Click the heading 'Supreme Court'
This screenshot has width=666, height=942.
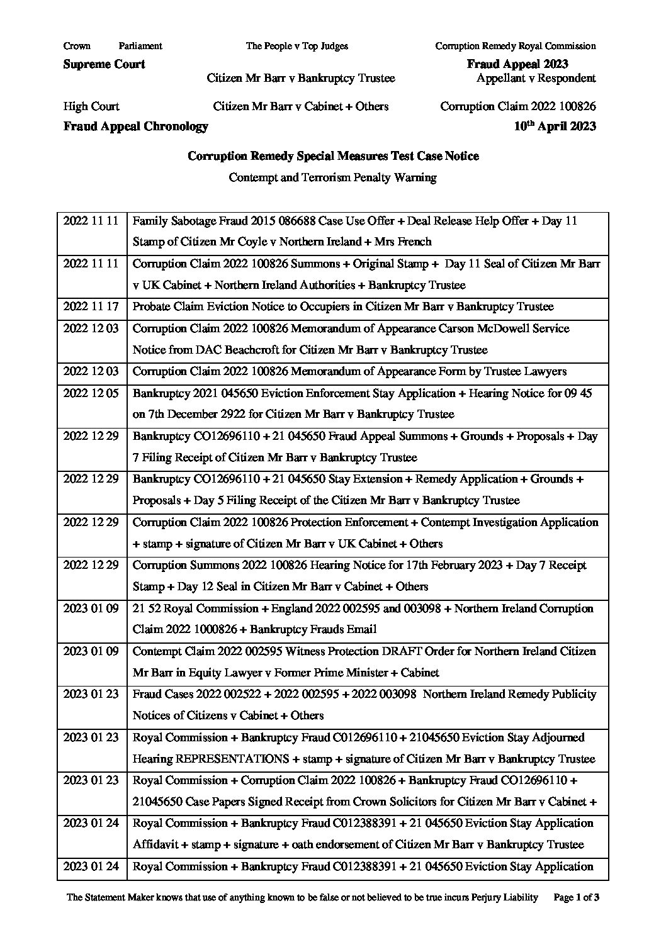104,64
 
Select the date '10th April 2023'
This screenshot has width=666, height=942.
555,126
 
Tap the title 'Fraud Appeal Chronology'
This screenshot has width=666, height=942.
135,126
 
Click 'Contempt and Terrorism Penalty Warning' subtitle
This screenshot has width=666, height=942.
332,177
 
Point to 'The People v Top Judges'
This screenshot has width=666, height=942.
296,46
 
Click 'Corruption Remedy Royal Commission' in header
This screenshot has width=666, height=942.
515,46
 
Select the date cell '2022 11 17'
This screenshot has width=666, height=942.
91,307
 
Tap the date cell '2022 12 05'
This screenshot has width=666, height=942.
91,393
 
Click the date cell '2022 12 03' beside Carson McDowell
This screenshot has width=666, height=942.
91,328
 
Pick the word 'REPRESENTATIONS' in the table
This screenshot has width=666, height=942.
232,759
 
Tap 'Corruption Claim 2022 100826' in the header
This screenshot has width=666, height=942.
517,106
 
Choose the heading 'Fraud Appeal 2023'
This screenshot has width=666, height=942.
517,64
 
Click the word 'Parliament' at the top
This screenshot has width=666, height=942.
140,46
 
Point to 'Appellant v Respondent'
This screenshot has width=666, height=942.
536,79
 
